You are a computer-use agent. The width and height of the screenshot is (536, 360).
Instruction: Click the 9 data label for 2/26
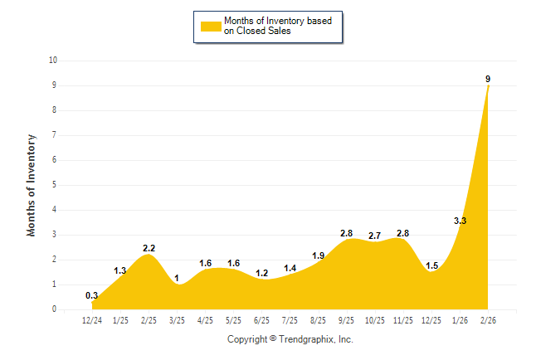click(x=488, y=79)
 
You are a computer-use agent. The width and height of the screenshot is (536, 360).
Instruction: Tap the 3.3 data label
click(x=460, y=221)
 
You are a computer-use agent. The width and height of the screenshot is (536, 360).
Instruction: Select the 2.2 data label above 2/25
click(x=149, y=248)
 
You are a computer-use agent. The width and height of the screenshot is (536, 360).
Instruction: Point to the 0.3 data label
click(x=92, y=295)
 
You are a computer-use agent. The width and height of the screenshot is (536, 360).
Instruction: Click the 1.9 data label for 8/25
click(x=318, y=255)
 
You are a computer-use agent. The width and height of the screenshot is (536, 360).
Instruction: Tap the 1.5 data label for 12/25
click(x=431, y=265)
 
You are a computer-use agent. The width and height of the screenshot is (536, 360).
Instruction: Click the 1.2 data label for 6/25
click(x=262, y=273)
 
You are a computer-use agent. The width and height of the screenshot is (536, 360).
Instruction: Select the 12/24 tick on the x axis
click(x=92, y=319)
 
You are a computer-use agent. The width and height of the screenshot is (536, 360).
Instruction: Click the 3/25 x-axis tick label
click(x=177, y=319)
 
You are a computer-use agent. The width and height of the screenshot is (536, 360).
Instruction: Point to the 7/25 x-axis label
click(x=290, y=319)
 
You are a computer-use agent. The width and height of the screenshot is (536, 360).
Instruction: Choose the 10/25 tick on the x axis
click(x=375, y=319)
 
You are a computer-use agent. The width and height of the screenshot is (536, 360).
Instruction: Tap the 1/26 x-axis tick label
click(x=460, y=319)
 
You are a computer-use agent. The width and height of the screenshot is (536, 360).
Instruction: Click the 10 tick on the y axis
click(x=53, y=61)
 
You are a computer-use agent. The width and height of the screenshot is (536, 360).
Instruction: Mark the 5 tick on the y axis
click(x=55, y=185)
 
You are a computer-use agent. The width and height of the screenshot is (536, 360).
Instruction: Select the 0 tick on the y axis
click(x=55, y=309)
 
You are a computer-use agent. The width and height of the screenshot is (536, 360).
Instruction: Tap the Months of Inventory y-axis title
click(x=32, y=185)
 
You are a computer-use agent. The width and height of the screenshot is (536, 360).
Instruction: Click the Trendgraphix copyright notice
click(x=290, y=339)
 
